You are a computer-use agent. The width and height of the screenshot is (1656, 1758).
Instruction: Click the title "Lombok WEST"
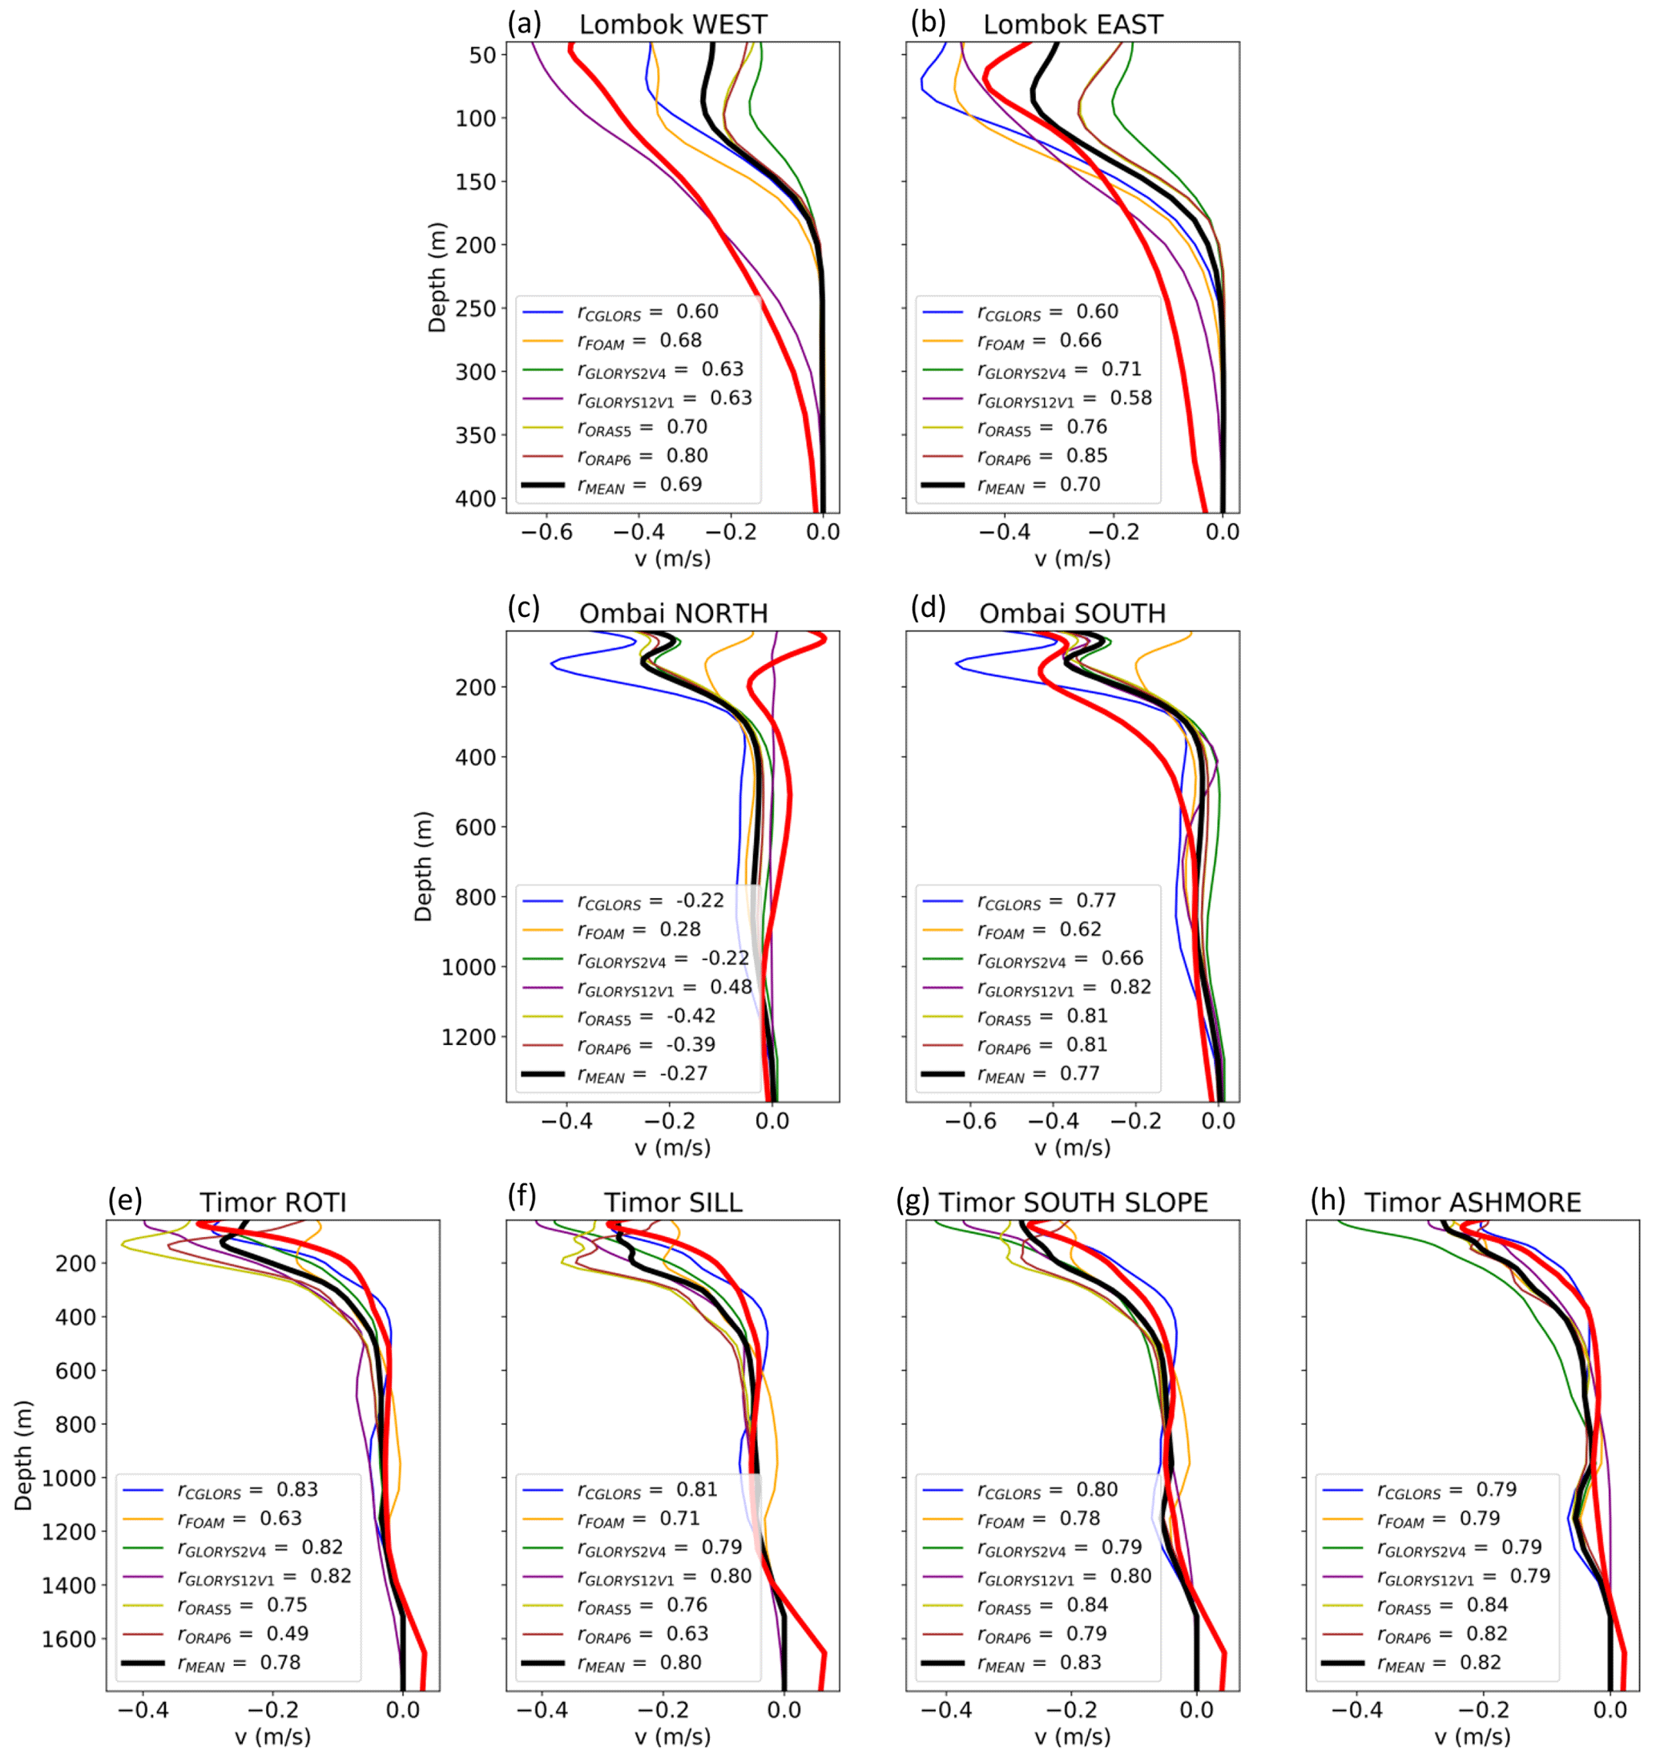[673, 24]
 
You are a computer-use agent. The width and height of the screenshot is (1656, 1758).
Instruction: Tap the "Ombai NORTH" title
[673, 613]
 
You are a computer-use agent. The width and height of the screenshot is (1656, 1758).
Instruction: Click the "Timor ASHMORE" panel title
[1472, 1202]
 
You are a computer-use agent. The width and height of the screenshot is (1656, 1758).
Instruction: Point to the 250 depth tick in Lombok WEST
[476, 308]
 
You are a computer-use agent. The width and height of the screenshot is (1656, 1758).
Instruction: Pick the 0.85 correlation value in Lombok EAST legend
[1086, 455]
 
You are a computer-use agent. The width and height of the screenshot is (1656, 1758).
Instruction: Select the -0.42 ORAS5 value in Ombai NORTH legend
[691, 1015]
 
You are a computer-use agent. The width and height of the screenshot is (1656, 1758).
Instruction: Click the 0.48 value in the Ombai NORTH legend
[731, 987]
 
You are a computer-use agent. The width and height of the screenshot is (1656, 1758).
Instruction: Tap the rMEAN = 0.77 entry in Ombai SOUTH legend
[1038, 1074]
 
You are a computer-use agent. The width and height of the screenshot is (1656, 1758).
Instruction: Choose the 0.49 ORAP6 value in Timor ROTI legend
[288, 1633]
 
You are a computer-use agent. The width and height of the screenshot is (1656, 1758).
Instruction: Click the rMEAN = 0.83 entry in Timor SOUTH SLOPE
[1039, 1663]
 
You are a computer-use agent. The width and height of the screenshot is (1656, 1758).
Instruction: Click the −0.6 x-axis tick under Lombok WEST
[546, 531]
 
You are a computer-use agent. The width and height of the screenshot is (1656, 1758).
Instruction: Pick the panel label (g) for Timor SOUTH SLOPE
[913, 1200]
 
